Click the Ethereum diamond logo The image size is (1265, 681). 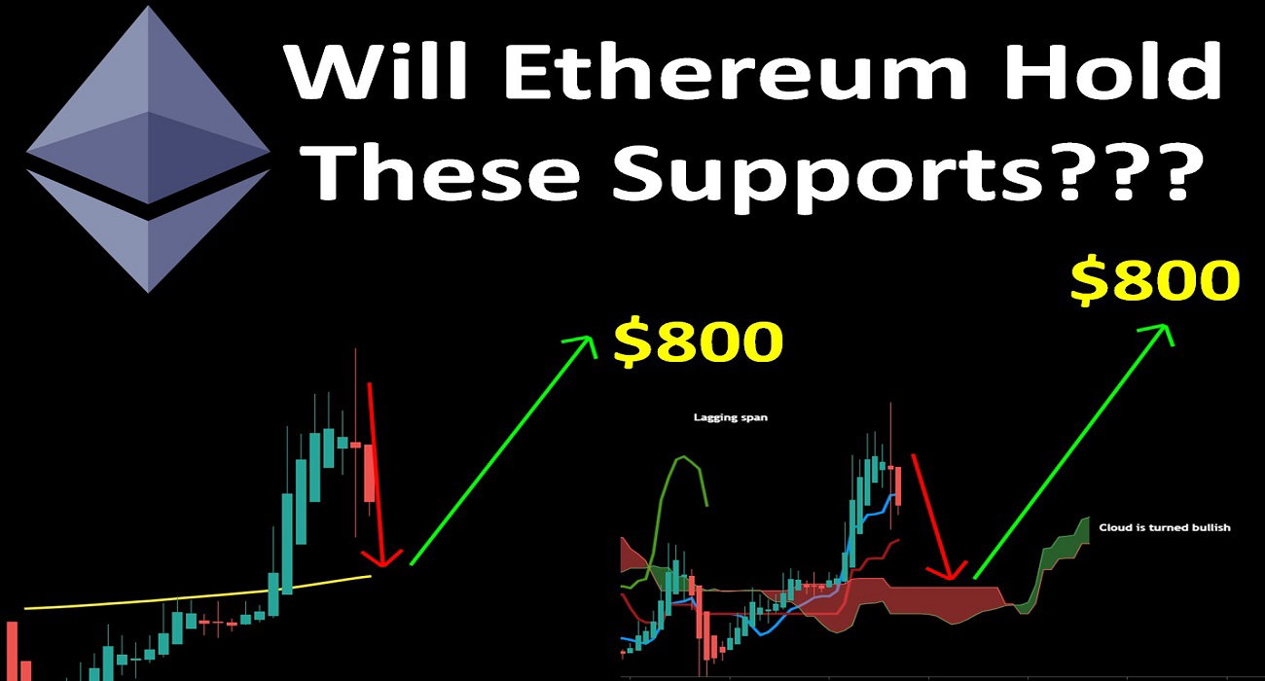[x=148, y=150]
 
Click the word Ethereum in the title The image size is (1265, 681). [x=734, y=71]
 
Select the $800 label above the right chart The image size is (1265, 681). [x=1155, y=281]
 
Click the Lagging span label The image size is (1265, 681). [x=730, y=418]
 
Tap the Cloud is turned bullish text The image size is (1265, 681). [x=1165, y=527]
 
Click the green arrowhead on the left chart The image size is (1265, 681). [x=582, y=345]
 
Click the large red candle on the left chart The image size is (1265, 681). [x=370, y=473]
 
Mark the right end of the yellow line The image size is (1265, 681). [x=371, y=576]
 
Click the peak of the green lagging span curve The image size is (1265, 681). [x=684, y=456]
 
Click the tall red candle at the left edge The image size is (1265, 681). [x=12, y=651]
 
